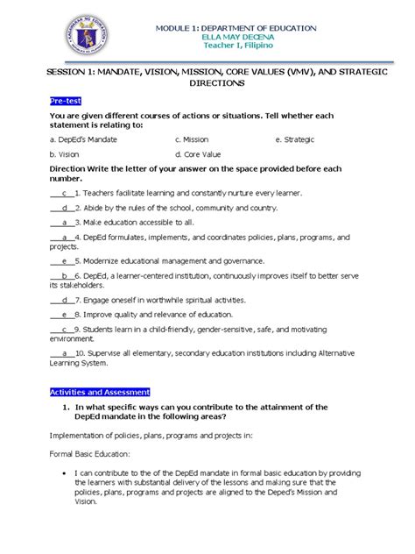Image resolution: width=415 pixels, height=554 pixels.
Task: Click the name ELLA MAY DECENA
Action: [x=236, y=37]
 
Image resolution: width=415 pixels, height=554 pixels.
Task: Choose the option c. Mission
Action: [x=191, y=138]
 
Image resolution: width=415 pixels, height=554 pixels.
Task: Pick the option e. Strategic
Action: [x=297, y=138]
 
